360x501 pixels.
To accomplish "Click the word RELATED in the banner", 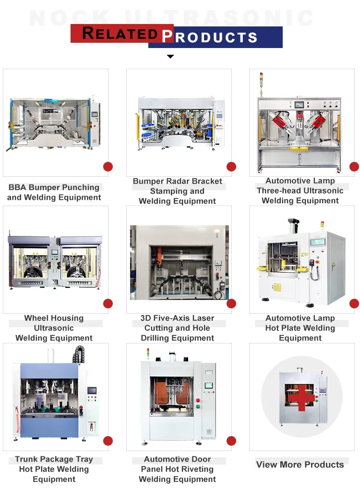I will pyautogui.click(x=120, y=34).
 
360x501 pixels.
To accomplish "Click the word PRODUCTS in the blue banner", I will pyautogui.click(x=210, y=37).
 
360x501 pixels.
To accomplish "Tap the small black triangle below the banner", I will pyautogui.click(x=170, y=57).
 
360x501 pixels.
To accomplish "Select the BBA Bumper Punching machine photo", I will pyautogui.click(x=55, y=123).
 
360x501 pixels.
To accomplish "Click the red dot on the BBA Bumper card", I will pyautogui.click(x=108, y=167).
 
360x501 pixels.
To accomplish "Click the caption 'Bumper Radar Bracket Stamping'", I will pyautogui.click(x=177, y=186).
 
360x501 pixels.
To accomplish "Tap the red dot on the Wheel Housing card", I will pyautogui.click(x=108, y=304).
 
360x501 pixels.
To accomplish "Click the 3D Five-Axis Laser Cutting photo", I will pyautogui.click(x=179, y=262).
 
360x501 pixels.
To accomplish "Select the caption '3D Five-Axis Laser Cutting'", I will pyautogui.click(x=177, y=323).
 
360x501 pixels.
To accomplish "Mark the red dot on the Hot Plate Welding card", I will pyautogui.click(x=354, y=304).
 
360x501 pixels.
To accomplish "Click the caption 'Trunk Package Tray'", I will pyautogui.click(x=54, y=459).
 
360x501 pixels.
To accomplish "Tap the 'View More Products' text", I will pyautogui.click(x=300, y=464).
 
